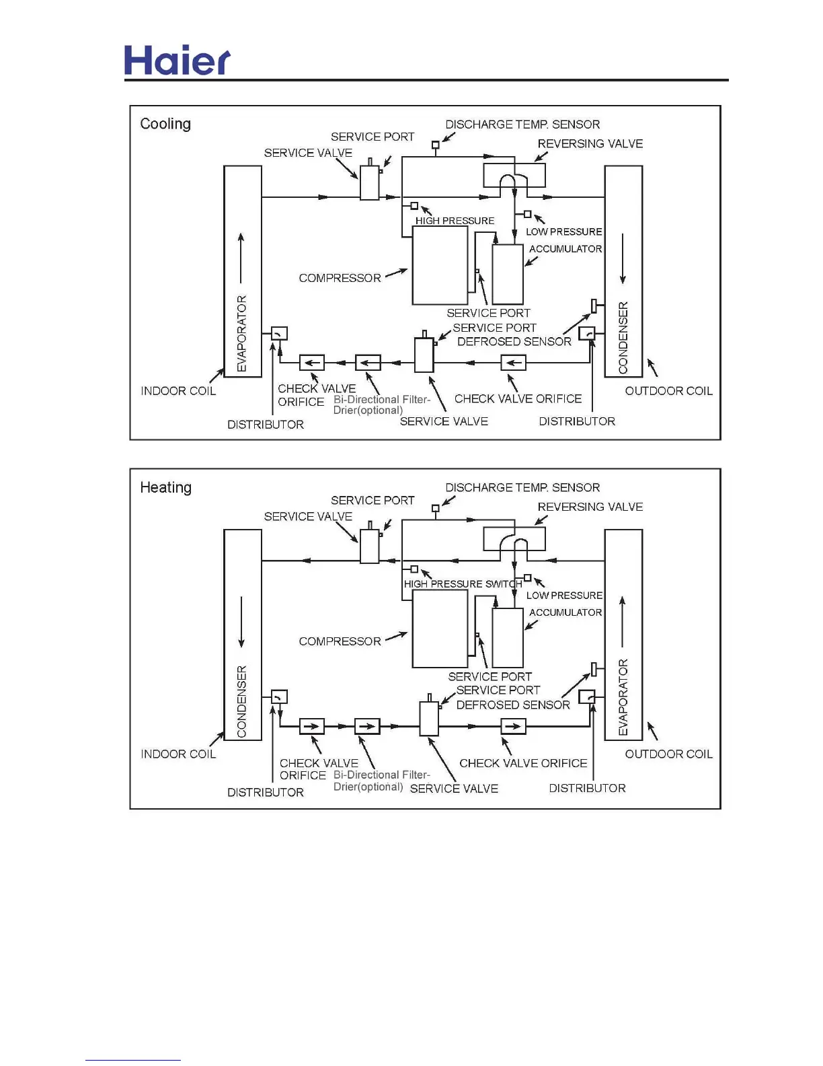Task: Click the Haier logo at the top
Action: pyautogui.click(x=178, y=61)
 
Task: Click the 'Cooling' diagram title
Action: pyautogui.click(x=165, y=124)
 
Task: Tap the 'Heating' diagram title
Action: pyautogui.click(x=165, y=487)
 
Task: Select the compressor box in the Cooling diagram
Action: pyautogui.click(x=440, y=265)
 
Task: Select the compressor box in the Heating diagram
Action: pyautogui.click(x=440, y=629)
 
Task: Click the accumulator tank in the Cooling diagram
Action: pyautogui.click(x=508, y=275)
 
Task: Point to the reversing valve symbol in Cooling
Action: pyautogui.click(x=514, y=176)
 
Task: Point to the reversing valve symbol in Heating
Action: pyautogui.click(x=514, y=539)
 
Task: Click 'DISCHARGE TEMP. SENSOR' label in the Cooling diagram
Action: pyautogui.click(x=522, y=125)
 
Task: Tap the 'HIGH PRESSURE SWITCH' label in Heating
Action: pyautogui.click(x=463, y=584)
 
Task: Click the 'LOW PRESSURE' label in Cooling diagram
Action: pyautogui.click(x=563, y=232)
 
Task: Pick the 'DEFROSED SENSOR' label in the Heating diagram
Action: pyautogui.click(x=513, y=705)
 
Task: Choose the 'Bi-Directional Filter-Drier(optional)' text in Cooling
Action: pyautogui.click(x=381, y=404)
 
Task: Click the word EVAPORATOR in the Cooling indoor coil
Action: pyautogui.click(x=242, y=333)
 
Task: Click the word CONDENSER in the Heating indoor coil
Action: pyautogui.click(x=242, y=701)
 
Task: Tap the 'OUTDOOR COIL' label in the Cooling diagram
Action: pyautogui.click(x=668, y=391)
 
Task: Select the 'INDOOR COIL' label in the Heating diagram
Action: pyautogui.click(x=178, y=754)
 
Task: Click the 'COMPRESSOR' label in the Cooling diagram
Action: pyautogui.click(x=340, y=278)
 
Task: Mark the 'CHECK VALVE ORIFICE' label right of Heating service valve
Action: pyautogui.click(x=523, y=763)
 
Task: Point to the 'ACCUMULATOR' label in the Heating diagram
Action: pyautogui.click(x=565, y=612)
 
